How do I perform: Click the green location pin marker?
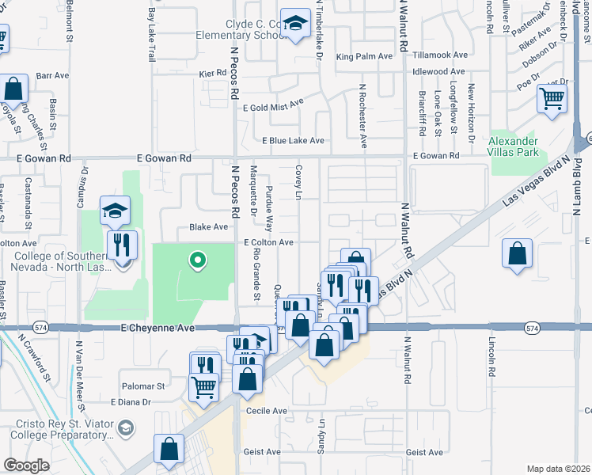pos(197,259)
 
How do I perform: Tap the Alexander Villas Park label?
pos(514,146)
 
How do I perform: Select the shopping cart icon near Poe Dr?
pos(552,100)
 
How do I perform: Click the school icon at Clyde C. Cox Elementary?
pos(295,25)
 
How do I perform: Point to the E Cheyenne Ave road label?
pos(157,327)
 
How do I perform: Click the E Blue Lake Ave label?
pos(293,141)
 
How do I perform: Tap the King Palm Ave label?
pos(364,56)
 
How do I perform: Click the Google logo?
pos(25,465)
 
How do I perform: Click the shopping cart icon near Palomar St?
pos(204,387)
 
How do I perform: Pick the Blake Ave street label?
pos(208,226)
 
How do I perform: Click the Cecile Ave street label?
pos(268,411)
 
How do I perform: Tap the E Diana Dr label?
pos(131,402)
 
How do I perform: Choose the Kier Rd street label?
pos(213,73)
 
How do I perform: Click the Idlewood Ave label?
pos(438,71)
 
